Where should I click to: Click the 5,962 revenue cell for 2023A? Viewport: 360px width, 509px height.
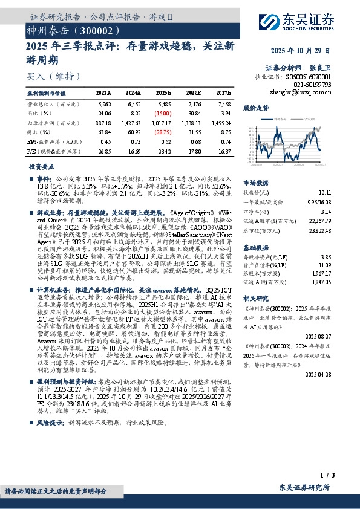click(x=104, y=104)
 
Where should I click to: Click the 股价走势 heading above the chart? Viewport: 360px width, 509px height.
click(x=256, y=108)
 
